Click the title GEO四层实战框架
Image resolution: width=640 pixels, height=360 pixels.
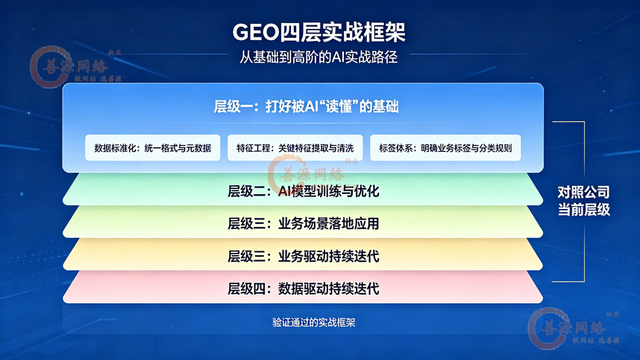319,32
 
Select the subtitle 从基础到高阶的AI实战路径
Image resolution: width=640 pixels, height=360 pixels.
319,57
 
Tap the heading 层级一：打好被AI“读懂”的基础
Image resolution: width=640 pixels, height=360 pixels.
306,106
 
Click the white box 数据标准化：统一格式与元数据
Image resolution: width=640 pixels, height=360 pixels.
153,148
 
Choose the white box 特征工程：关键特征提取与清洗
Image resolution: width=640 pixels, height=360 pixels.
295,148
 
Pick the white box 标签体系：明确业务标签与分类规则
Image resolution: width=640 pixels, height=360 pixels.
445,148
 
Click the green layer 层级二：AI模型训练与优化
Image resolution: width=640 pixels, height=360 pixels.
303,191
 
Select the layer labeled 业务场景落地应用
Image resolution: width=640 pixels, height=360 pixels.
303,224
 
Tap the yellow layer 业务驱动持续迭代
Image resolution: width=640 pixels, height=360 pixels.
303,257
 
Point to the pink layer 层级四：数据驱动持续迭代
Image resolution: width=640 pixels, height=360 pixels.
303,289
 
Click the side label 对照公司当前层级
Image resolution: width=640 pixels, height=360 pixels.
583,201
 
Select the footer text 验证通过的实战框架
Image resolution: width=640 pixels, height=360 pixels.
314,323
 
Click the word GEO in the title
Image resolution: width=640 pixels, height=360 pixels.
255,32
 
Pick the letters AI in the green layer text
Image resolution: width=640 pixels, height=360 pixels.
284,191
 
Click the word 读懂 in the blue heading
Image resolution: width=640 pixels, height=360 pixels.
337,106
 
